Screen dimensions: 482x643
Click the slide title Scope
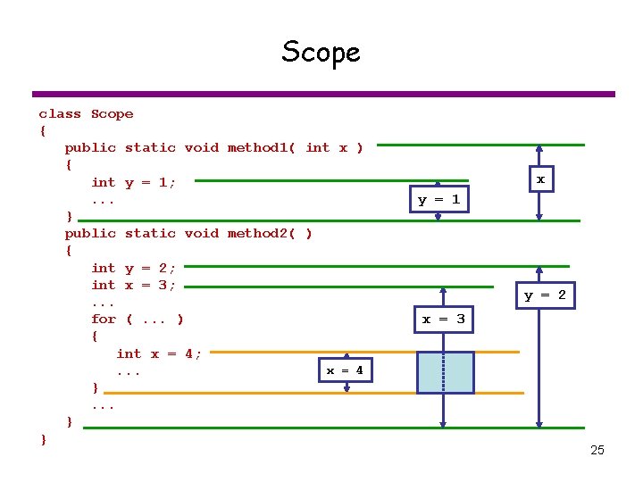(x=321, y=52)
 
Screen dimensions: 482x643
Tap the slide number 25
(x=597, y=450)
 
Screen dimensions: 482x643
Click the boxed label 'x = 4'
(x=344, y=370)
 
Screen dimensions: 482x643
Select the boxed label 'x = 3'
(x=443, y=319)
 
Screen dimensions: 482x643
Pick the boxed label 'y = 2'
(x=544, y=295)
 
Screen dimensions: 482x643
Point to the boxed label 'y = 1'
(x=438, y=199)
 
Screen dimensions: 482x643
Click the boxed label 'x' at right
(x=539, y=179)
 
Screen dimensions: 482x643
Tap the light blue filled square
(x=445, y=372)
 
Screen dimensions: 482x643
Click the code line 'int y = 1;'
(x=134, y=182)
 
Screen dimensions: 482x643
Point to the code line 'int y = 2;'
(x=134, y=268)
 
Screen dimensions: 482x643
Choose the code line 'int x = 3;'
(x=134, y=285)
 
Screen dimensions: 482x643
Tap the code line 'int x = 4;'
(x=159, y=353)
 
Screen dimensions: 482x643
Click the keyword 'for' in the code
(x=104, y=319)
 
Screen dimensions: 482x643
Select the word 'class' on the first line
(x=60, y=113)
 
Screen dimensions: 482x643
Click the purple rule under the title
(x=323, y=94)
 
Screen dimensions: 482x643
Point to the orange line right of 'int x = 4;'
(x=268, y=353)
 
